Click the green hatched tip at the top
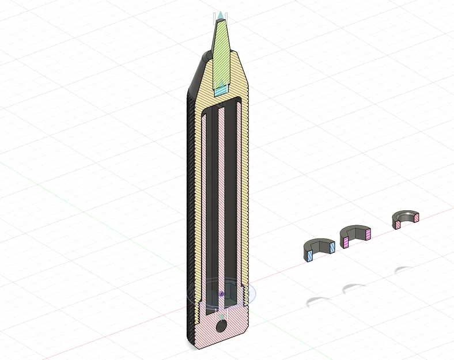(222, 49)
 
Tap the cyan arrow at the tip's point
(221, 14)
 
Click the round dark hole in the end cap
(221, 326)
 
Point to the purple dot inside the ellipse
(221, 294)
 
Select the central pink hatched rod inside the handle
(221, 196)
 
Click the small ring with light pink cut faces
(406, 219)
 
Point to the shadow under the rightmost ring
(403, 269)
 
